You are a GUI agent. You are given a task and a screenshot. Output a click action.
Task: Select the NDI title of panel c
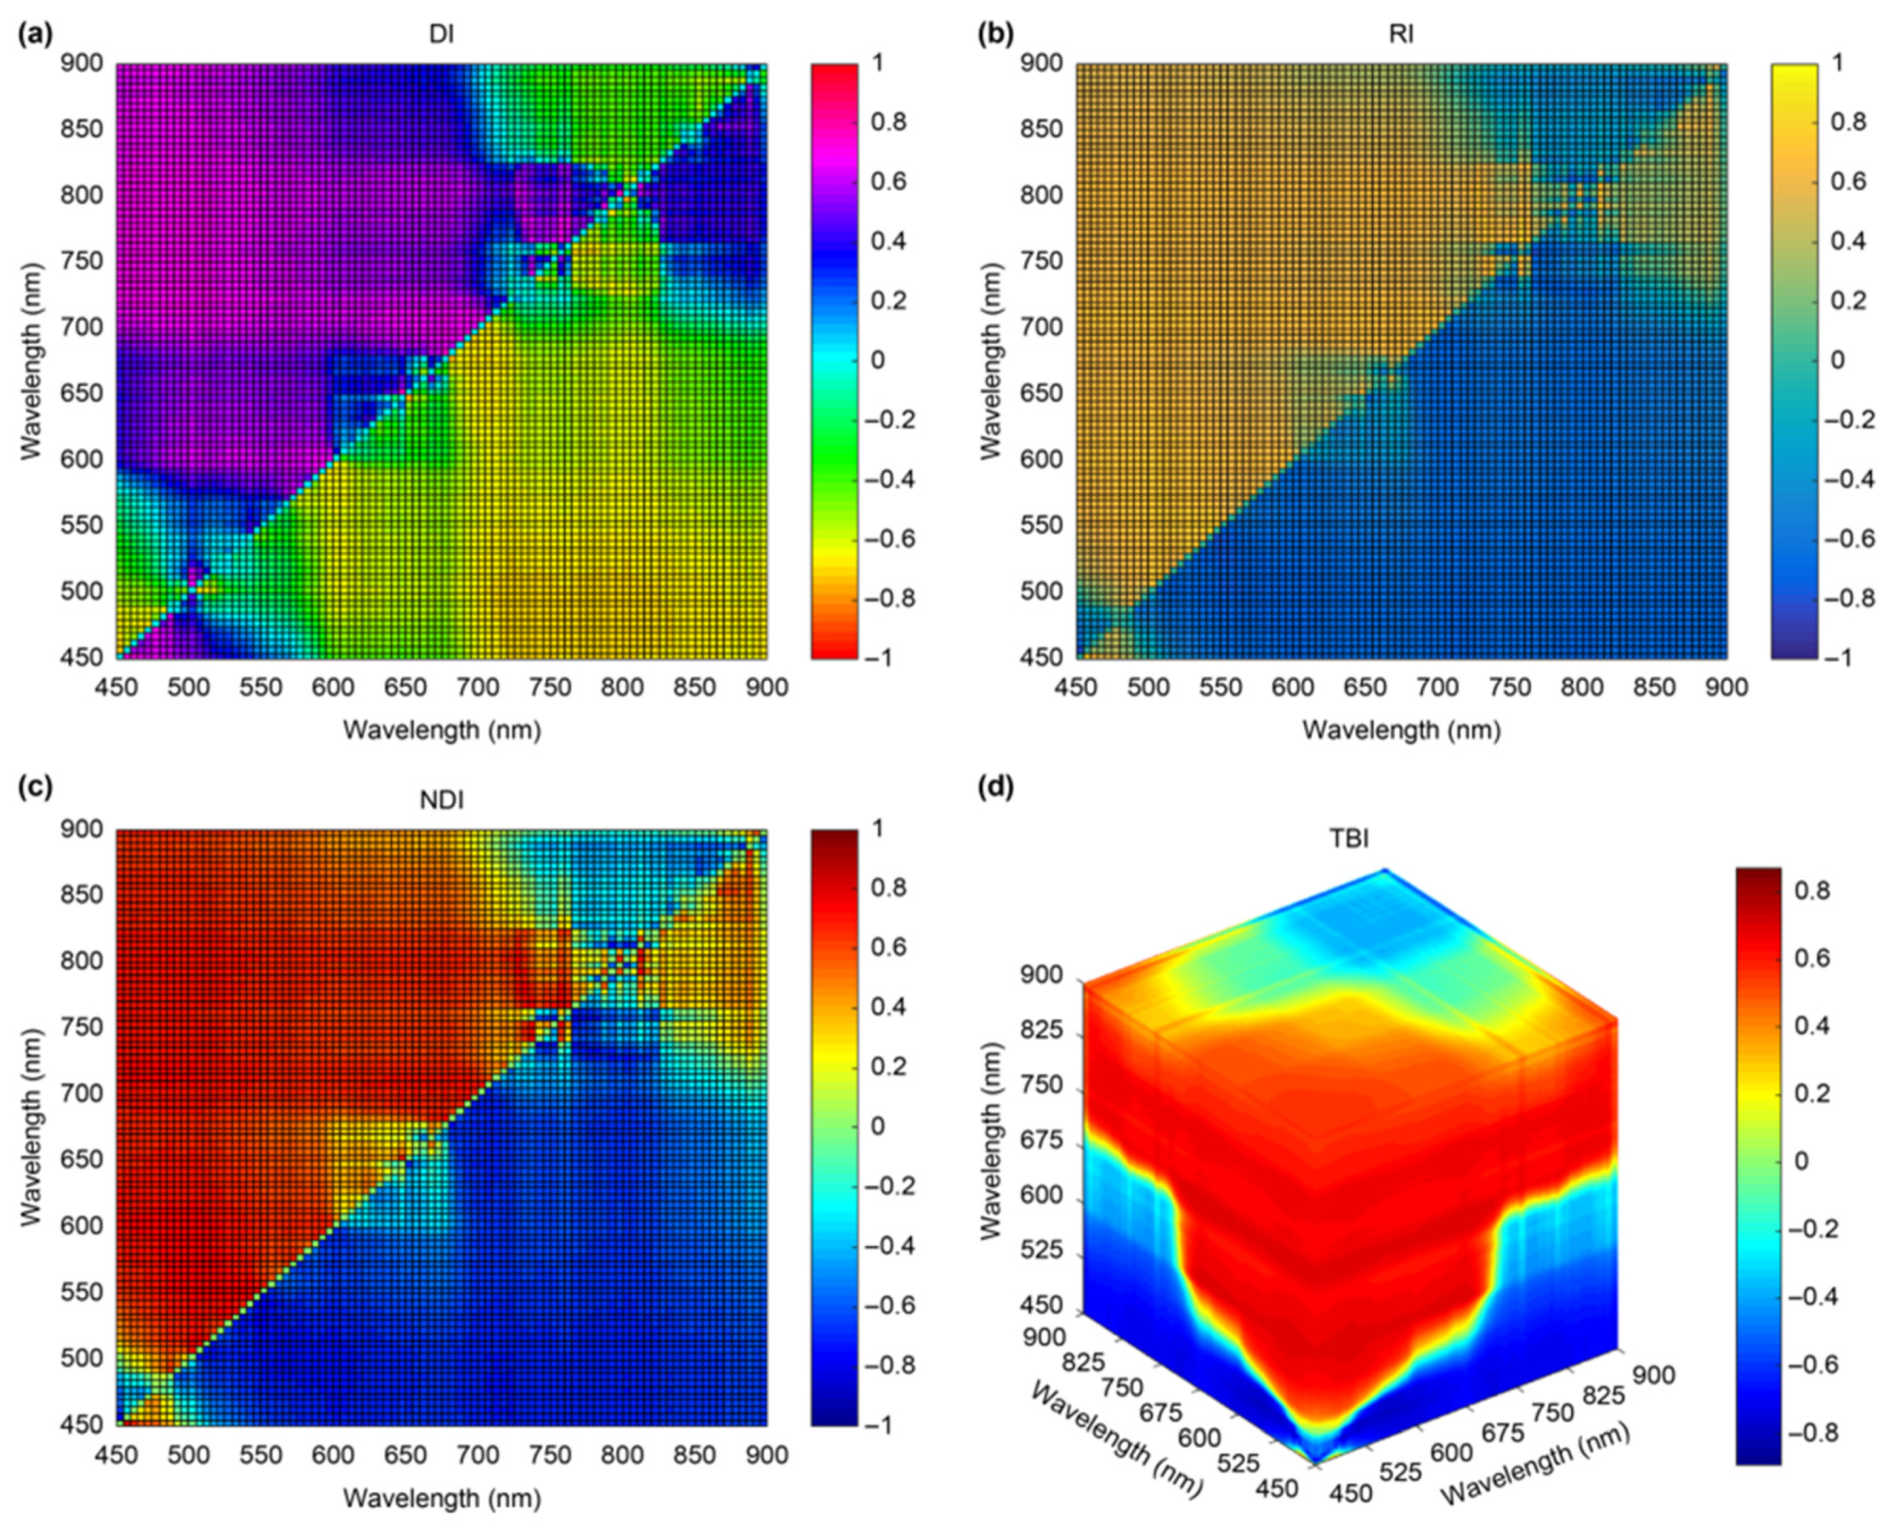(x=442, y=800)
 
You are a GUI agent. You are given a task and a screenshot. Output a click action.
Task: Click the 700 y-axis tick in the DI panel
(x=82, y=327)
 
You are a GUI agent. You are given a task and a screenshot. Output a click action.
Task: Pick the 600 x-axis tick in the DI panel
(x=333, y=687)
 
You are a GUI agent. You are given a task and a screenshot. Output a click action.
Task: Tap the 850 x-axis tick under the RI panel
(x=1655, y=687)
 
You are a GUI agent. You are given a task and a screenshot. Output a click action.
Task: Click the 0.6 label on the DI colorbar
(x=888, y=181)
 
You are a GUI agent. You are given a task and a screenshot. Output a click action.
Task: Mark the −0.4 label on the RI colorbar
(x=1851, y=479)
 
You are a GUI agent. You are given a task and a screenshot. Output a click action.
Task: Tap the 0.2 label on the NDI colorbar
(x=888, y=1067)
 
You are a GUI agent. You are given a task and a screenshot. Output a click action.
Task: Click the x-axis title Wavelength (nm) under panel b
(x=1401, y=729)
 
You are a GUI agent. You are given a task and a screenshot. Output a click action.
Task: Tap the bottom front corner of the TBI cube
(x=1315, y=1463)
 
